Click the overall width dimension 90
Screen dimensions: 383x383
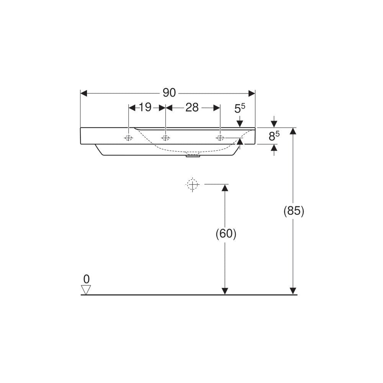pos(169,93)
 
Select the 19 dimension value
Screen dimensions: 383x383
pos(145,107)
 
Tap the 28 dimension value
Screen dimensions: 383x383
pos(192,108)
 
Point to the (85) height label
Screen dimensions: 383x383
pos(294,211)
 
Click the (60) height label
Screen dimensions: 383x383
pos(226,234)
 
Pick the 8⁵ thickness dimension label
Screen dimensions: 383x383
pos(274,136)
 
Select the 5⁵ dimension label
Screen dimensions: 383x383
pos(240,108)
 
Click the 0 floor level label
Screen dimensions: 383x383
pos(86,279)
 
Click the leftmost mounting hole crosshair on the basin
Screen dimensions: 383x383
pos(128,138)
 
